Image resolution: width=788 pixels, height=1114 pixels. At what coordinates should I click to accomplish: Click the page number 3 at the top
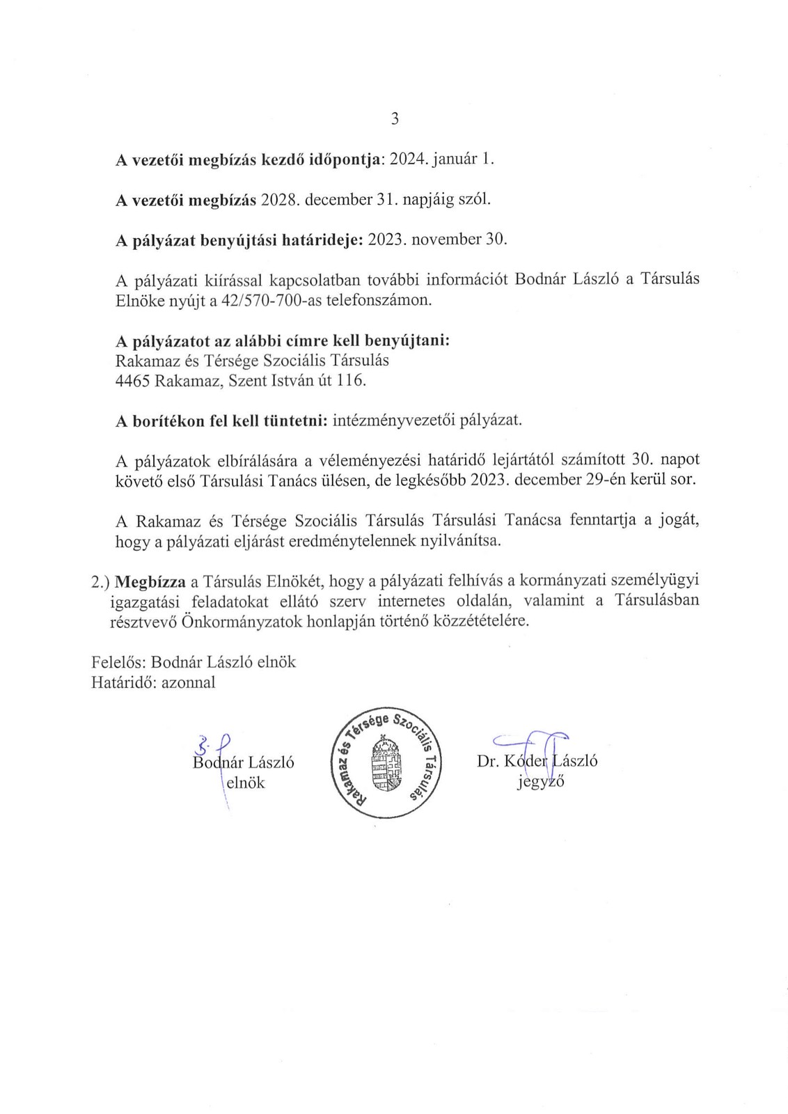[x=395, y=119]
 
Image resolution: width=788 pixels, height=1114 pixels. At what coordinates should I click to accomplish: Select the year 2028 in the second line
[x=280, y=199]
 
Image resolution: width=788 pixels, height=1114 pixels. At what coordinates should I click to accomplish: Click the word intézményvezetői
[x=388, y=421]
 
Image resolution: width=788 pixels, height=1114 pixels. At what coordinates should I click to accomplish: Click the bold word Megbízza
[x=147, y=581]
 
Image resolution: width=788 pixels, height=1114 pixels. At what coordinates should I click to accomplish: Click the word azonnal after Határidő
[x=188, y=682]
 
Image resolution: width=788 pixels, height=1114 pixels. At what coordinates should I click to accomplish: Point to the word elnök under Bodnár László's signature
[x=246, y=782]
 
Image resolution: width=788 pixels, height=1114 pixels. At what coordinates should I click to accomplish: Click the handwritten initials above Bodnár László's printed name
[x=214, y=745]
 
